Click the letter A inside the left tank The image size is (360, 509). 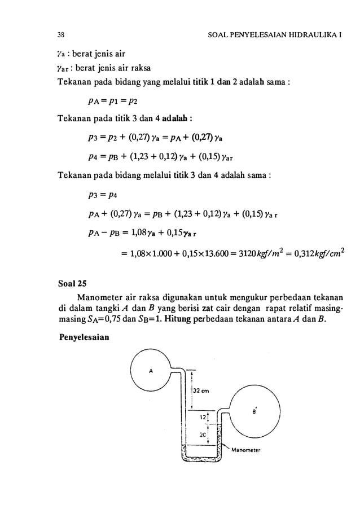151,371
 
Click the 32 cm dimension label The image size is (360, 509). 201,391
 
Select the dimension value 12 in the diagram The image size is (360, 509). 202,418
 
